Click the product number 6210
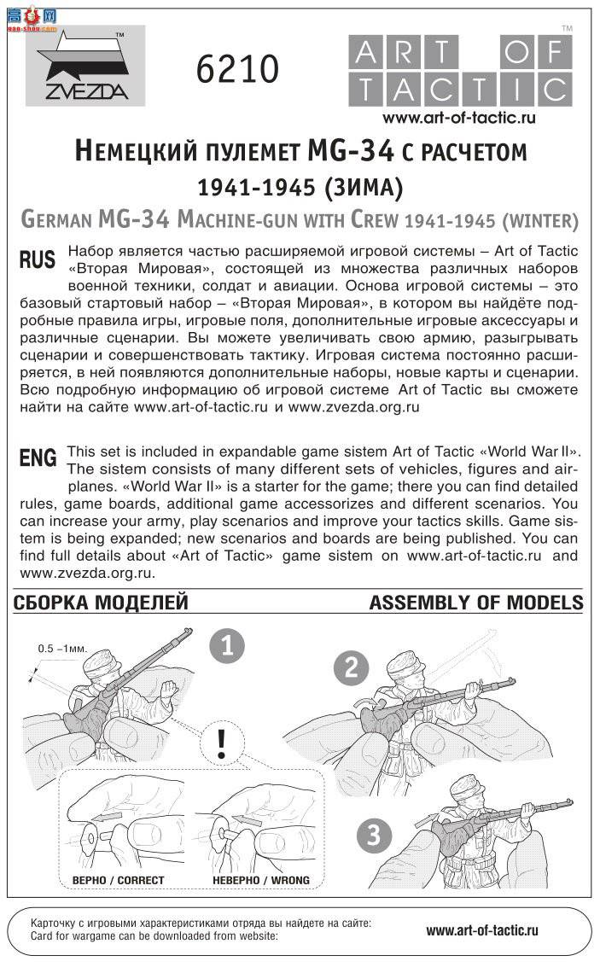click(x=237, y=69)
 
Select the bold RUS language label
click(x=37, y=261)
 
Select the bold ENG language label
click(x=38, y=458)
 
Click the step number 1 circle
click(x=227, y=646)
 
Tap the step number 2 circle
click(x=351, y=667)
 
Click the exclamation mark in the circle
click(x=222, y=744)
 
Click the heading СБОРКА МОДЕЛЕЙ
click(x=101, y=603)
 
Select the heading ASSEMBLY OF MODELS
click(x=475, y=603)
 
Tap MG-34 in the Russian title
click(x=350, y=151)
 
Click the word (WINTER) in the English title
click(x=539, y=220)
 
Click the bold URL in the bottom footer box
click(x=482, y=930)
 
